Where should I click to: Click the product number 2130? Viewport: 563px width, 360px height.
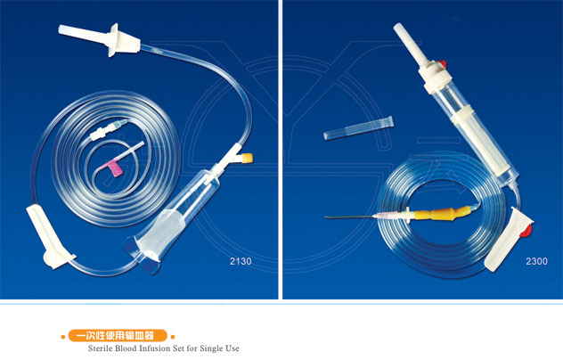coord(241,261)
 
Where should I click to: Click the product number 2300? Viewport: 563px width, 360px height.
coord(536,261)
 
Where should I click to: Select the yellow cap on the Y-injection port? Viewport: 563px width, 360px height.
coord(248,158)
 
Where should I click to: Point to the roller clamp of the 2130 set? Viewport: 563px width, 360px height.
coord(49,236)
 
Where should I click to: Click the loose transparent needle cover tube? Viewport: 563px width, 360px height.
coord(358,128)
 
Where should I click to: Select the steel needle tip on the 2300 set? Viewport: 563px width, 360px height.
coord(326,217)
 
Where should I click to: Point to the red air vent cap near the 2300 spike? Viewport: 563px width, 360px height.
coord(442,64)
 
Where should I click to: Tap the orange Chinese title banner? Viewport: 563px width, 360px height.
coord(118,336)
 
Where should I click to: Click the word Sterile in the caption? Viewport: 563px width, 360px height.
coord(100,348)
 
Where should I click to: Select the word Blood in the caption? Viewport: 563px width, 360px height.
coord(126,348)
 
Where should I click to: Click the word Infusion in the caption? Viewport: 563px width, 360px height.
coord(156,348)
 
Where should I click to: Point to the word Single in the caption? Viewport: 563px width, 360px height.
coord(211,348)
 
